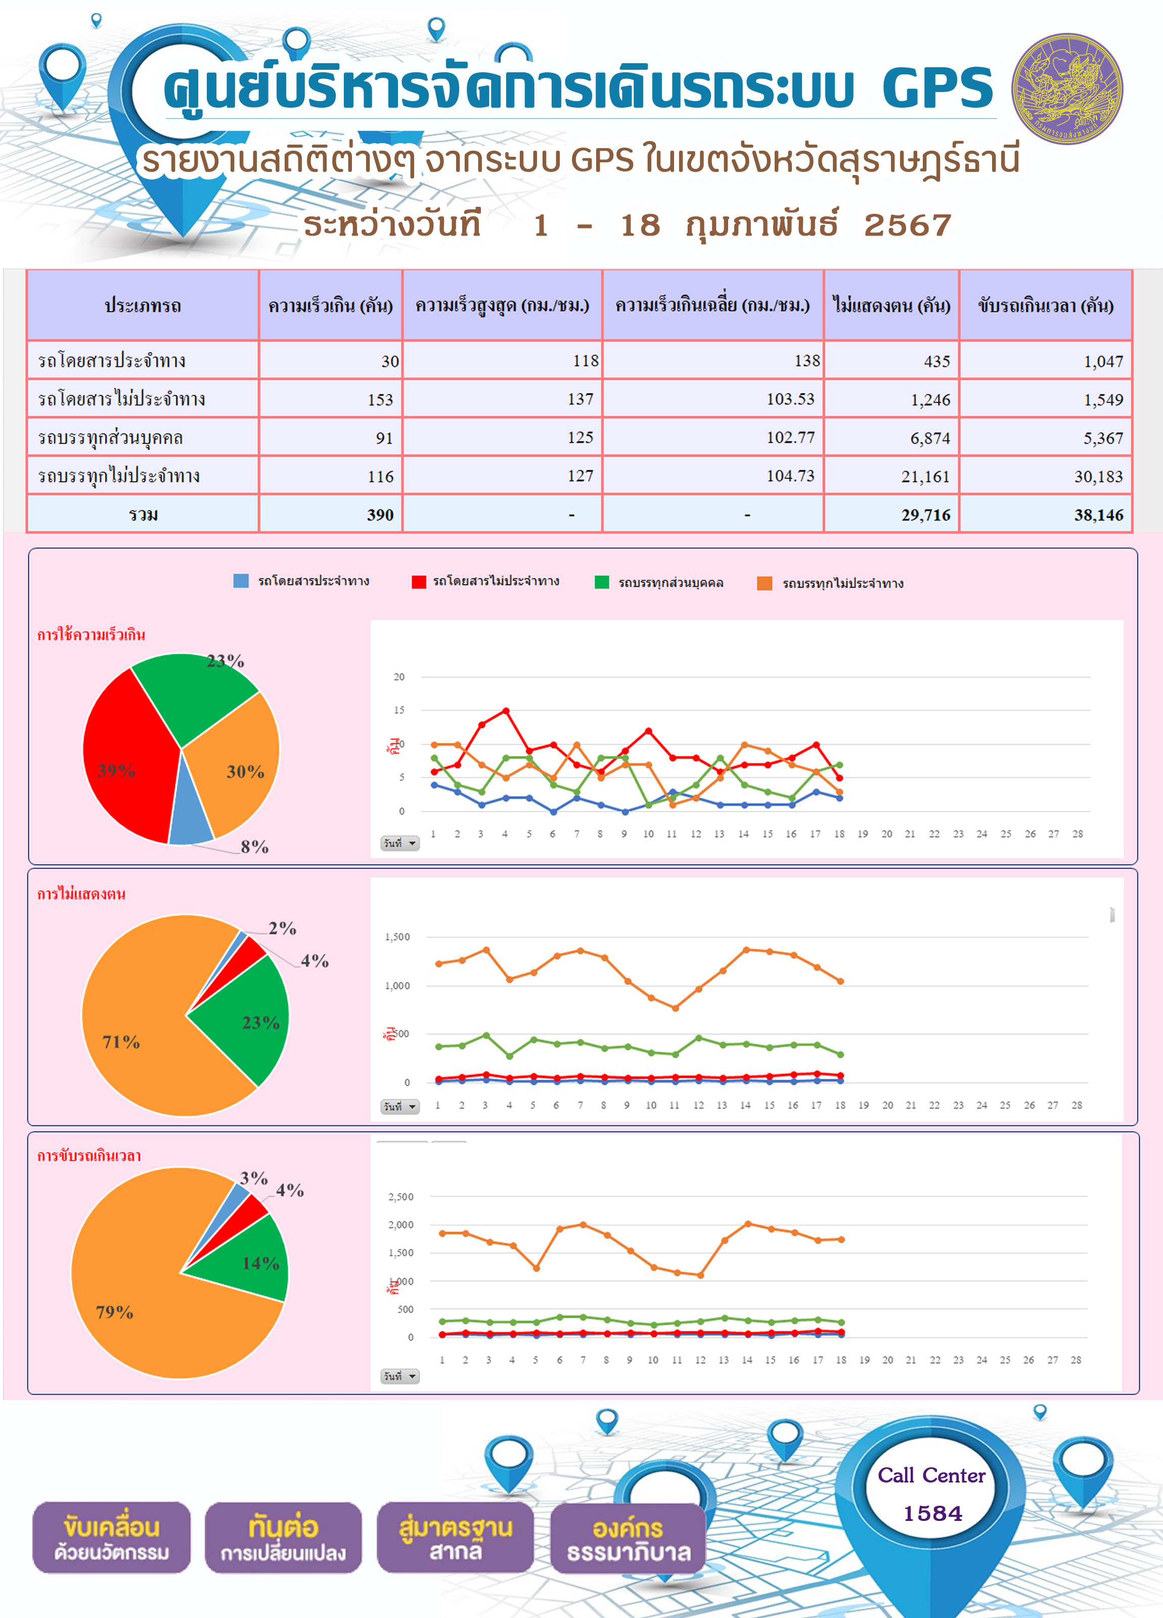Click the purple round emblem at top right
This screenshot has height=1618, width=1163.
(1067, 88)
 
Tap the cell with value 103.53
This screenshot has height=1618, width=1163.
(713, 399)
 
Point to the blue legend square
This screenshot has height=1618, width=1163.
(241, 581)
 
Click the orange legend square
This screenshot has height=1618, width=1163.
(764, 583)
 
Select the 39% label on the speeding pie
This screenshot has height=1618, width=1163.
(116, 771)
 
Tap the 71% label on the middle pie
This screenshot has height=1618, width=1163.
(121, 1042)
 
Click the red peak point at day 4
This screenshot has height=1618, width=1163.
(506, 710)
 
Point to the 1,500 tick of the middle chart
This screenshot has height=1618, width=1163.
(397, 937)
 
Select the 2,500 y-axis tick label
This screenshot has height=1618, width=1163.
(400, 1196)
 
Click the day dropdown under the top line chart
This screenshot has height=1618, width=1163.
(399, 843)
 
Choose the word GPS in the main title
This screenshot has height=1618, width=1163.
(937, 88)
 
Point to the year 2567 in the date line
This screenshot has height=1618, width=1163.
(908, 226)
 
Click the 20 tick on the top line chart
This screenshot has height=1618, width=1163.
(399, 677)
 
